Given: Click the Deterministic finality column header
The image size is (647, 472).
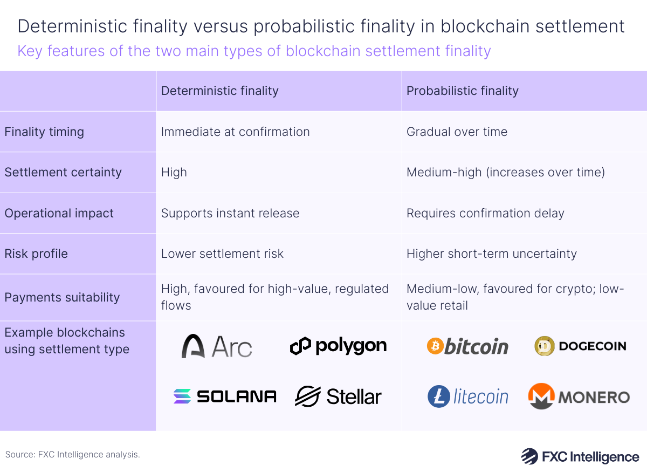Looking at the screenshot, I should (219, 91).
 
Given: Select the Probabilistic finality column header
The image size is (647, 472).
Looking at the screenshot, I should (462, 91).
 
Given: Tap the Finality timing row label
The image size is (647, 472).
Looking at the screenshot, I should (44, 132).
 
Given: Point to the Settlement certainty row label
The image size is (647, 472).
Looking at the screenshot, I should (63, 173).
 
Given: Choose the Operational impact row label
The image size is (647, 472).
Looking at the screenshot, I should (59, 213).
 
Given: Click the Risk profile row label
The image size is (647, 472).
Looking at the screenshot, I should (36, 254).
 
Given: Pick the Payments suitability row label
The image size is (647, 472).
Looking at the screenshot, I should (62, 297).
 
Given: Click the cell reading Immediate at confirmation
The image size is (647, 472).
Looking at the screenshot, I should (235, 132).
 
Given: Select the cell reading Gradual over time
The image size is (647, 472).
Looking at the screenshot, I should (457, 132).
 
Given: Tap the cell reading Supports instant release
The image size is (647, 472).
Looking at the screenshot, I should (230, 213).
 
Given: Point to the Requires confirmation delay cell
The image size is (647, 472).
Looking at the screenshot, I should (485, 213).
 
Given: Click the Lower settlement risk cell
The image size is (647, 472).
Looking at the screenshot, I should (222, 254).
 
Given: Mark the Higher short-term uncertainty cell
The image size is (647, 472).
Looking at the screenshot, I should (491, 254).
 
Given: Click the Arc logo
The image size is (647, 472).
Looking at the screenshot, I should (217, 346).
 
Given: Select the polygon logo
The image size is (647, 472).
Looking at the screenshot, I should (338, 346).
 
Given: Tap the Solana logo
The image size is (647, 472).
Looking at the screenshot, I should (224, 396).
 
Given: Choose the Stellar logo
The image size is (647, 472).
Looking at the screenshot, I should (338, 396).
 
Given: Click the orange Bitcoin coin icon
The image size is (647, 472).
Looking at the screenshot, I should (435, 346).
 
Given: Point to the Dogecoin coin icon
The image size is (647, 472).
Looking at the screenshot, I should (545, 346).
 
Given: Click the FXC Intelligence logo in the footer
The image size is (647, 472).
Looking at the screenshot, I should (580, 456).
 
